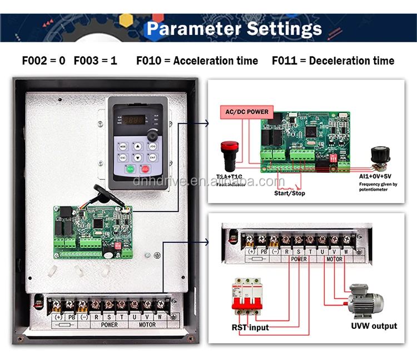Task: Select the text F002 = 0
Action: (x=43, y=61)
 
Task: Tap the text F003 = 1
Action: (x=95, y=61)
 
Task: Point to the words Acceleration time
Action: (x=216, y=61)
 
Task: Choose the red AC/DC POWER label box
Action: (x=246, y=112)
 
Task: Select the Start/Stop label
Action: (x=289, y=193)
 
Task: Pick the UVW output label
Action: (x=374, y=326)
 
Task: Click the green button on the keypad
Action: (x=129, y=169)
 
